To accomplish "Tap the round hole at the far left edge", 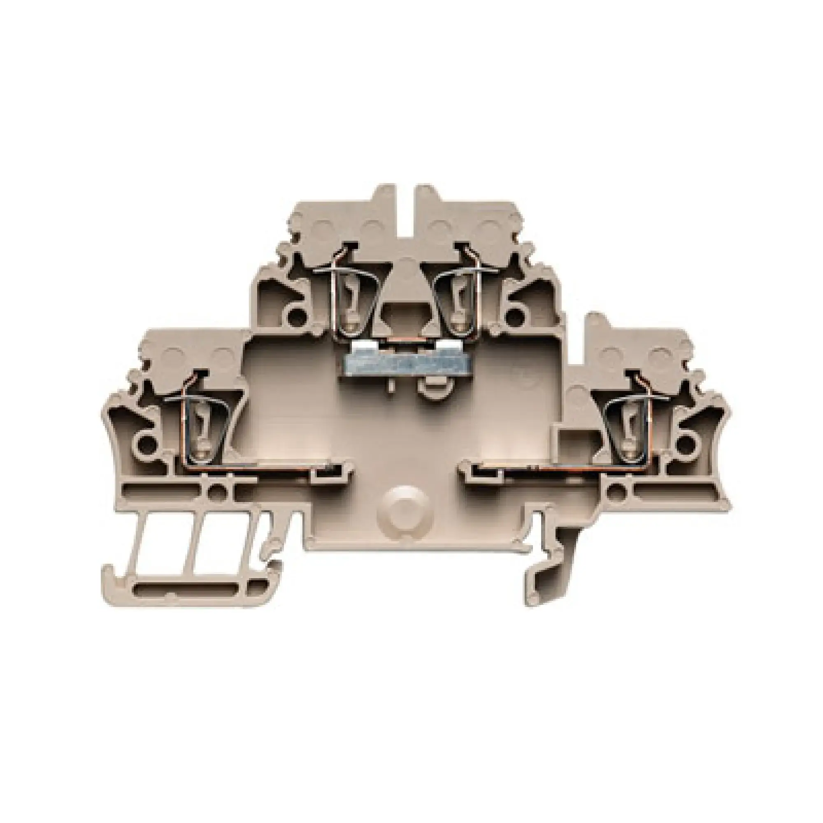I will (146, 445).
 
